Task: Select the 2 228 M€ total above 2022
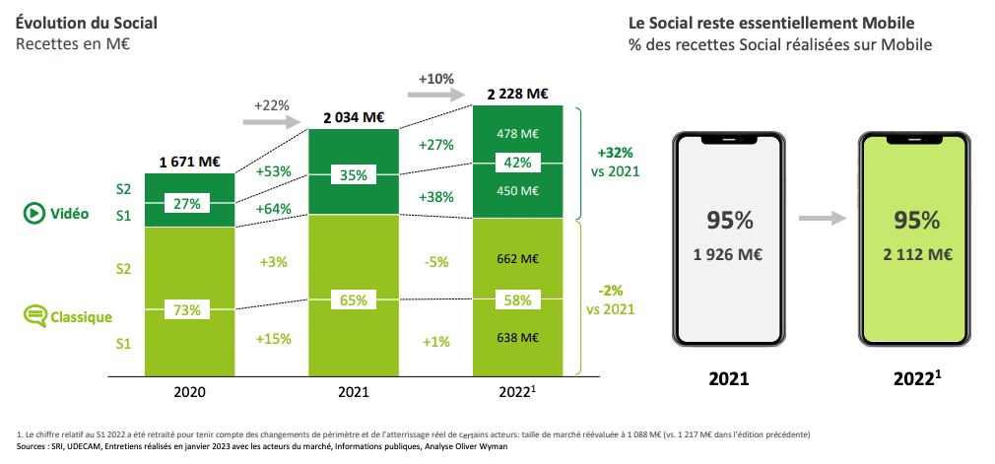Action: click(517, 94)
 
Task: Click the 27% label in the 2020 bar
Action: click(188, 204)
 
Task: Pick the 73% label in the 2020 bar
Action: click(188, 309)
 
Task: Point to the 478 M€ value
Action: click(517, 133)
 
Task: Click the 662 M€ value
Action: click(517, 260)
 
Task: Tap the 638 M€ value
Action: click(517, 338)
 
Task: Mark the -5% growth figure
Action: click(435, 262)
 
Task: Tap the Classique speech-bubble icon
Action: click(34, 316)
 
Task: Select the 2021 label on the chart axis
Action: click(354, 391)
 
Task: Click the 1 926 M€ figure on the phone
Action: click(729, 254)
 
